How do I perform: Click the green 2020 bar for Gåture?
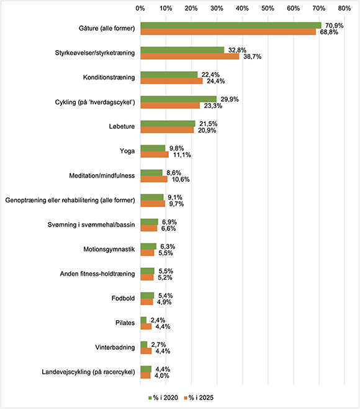(x=230, y=25)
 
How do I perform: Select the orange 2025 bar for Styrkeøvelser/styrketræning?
(x=189, y=56)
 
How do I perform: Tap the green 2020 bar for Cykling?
(x=178, y=99)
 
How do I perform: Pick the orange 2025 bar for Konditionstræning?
(x=171, y=81)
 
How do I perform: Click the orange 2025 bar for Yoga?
(x=155, y=154)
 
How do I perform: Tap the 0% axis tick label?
(x=140, y=9)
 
